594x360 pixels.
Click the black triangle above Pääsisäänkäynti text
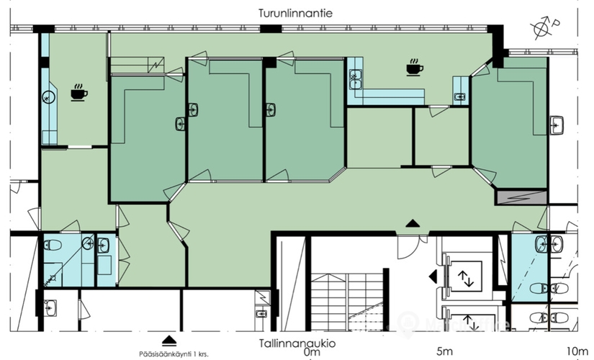(169, 340)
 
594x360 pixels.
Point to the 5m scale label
(444, 352)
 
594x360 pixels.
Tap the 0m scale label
(312, 352)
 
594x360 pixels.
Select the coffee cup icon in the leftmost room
(78, 92)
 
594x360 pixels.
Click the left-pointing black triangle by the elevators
(433, 276)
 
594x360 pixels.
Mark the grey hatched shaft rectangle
(521, 196)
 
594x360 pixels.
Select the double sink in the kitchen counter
(356, 78)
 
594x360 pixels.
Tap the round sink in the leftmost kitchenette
(50, 96)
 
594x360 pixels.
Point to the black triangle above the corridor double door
(412, 223)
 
